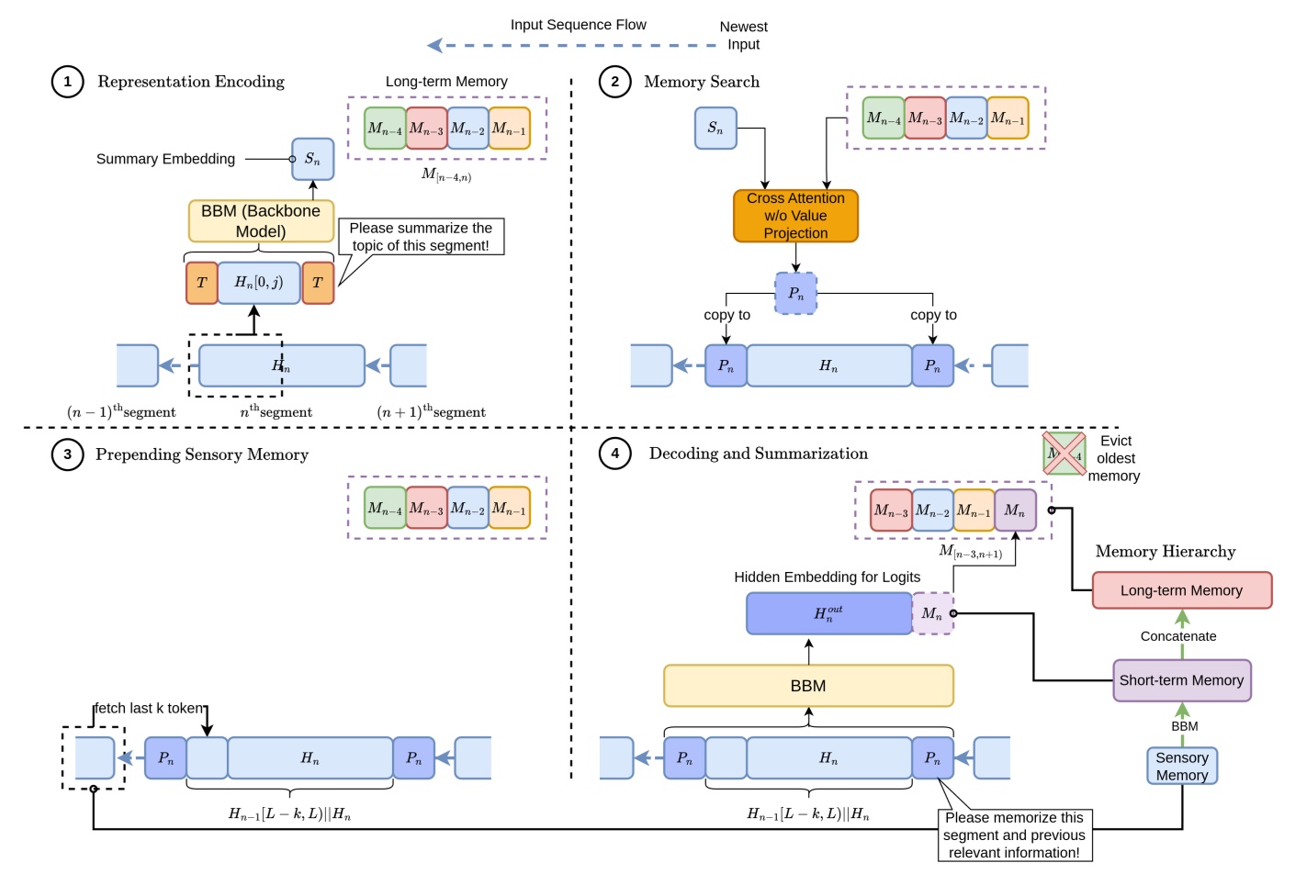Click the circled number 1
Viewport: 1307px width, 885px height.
pos(67,82)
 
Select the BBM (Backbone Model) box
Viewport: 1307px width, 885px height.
pos(261,221)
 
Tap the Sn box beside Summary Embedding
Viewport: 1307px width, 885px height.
pos(312,159)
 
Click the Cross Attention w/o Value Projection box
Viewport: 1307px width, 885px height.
pos(795,216)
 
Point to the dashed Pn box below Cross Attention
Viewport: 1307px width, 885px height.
pos(795,294)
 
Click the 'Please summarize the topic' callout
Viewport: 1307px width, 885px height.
pos(421,237)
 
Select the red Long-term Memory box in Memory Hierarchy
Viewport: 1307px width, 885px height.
pos(1181,590)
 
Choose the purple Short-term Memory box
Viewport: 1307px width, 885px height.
pos(1181,680)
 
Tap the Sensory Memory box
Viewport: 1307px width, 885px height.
pos(1182,766)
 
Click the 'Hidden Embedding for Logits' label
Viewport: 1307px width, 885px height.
pos(827,577)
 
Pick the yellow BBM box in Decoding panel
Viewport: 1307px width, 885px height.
pos(808,686)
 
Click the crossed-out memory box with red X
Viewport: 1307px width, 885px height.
pos(1065,454)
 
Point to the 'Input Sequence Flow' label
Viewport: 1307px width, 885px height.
pos(578,25)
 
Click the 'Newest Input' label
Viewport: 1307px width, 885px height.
pos(743,36)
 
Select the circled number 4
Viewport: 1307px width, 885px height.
pos(614,454)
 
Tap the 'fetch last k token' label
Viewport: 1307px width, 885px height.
pos(150,708)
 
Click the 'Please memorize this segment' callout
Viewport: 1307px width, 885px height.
pos(1014,835)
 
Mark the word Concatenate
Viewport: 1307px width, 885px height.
pos(1177,636)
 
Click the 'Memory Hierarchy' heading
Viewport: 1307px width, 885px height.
pos(1165,552)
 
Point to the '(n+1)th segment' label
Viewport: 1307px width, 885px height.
pos(432,412)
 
